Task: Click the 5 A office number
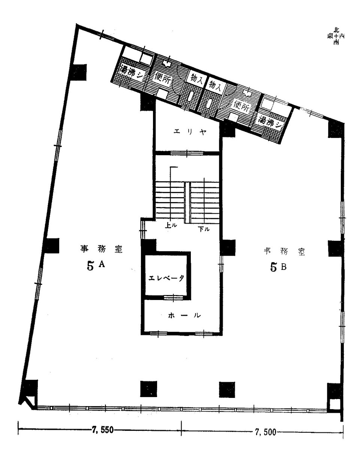click(x=96, y=265)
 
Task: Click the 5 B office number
click(x=279, y=267)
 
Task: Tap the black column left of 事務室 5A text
click(x=51, y=246)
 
